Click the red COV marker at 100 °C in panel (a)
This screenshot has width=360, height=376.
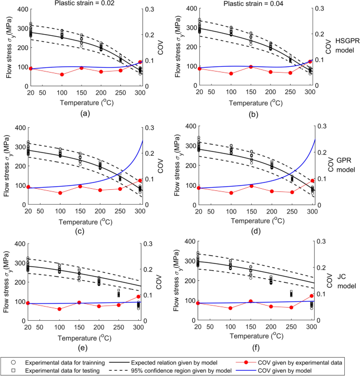point(61,74)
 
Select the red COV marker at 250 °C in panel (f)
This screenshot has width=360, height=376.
point(291,308)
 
